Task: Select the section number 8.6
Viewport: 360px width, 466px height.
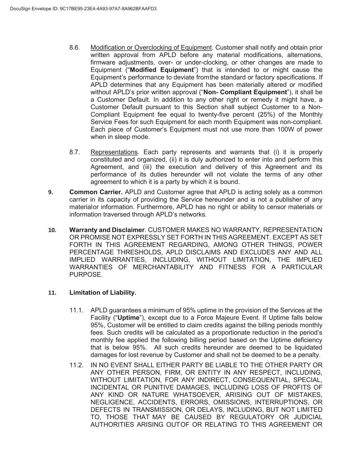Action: [x=74, y=47]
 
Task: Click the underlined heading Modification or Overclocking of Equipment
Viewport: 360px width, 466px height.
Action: [x=151, y=47]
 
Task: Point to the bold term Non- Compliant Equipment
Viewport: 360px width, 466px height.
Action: [x=245, y=92]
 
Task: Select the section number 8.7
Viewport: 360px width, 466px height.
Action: [x=74, y=152]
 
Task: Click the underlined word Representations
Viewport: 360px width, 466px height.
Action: [x=114, y=152]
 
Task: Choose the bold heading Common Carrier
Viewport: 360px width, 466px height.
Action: [x=96, y=192]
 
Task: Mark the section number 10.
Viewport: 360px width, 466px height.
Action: [x=52, y=230]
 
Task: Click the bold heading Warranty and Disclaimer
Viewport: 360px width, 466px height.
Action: [x=107, y=230]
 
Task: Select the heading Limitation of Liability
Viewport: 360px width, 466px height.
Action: [x=103, y=293]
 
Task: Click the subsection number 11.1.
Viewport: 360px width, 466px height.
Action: [x=76, y=310]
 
